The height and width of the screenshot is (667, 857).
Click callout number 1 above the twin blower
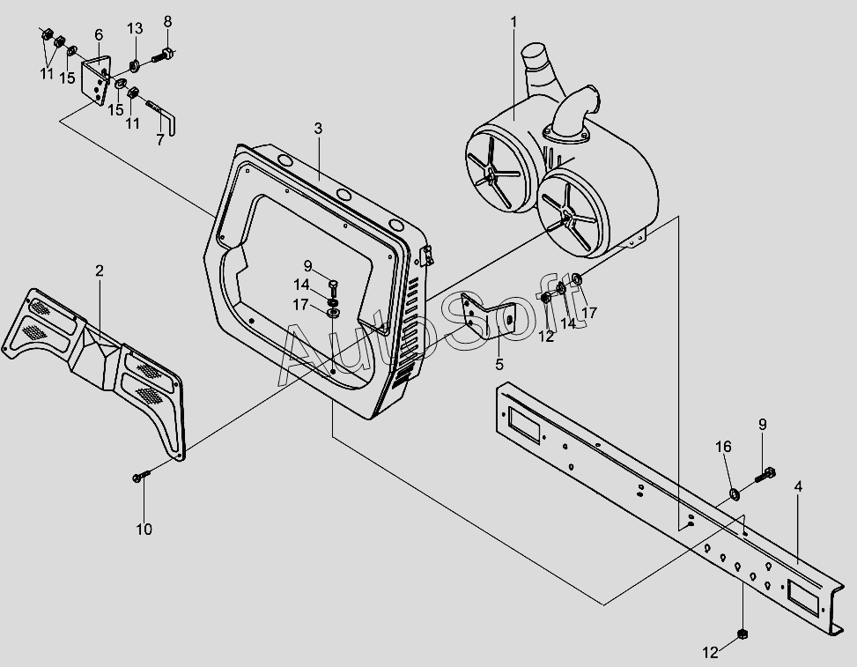514,21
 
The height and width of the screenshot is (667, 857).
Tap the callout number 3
318,129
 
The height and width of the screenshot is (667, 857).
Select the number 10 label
144,529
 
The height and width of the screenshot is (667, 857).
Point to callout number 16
723,448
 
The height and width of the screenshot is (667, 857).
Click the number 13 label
134,28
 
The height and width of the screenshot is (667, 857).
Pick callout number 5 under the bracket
499,363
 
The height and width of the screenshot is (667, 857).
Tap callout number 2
100,271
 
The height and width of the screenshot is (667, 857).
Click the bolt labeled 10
142,477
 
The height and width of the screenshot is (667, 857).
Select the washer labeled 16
734,490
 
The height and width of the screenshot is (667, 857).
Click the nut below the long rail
742,634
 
